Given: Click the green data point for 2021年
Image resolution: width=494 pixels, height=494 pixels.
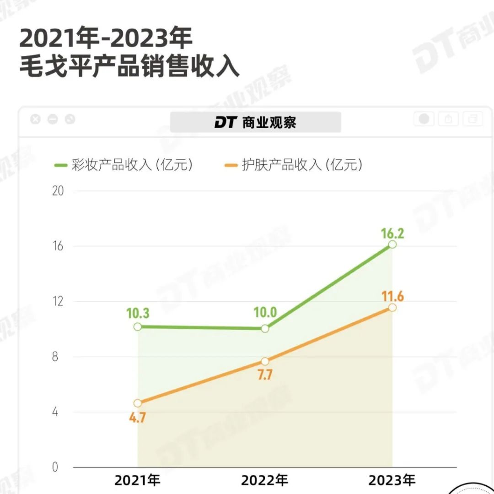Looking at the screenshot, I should point(138,327).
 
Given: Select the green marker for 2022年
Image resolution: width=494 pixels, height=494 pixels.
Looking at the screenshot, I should point(265,329).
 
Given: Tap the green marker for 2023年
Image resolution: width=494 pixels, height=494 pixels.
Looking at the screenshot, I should point(392,244).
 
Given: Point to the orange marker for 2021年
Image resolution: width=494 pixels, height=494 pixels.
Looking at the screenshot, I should point(138,403).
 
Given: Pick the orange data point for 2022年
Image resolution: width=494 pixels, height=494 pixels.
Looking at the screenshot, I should point(265,361).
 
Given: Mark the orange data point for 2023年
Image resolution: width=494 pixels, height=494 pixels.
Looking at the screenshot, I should point(392,307).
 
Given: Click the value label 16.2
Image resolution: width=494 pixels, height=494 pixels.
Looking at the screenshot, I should point(392,234).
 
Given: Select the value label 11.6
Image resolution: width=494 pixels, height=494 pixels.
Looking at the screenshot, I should point(392,296).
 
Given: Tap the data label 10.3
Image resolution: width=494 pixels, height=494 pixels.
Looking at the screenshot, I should point(137,314).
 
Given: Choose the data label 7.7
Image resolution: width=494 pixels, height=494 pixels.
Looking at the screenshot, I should point(265,375).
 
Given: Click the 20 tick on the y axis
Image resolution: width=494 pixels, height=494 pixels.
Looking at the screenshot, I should point(58,191).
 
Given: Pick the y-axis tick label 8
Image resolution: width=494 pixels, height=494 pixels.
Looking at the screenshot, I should point(55,357).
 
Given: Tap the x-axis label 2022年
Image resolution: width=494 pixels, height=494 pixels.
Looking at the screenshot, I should point(265,480).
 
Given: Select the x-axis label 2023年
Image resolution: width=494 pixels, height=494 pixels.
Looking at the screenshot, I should point(392,480).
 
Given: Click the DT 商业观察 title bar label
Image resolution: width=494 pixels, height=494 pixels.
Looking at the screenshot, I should point(255,122).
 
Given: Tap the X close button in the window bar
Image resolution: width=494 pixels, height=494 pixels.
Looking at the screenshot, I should point(35,119).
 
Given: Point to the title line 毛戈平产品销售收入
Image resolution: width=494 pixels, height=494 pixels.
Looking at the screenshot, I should point(129,67).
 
